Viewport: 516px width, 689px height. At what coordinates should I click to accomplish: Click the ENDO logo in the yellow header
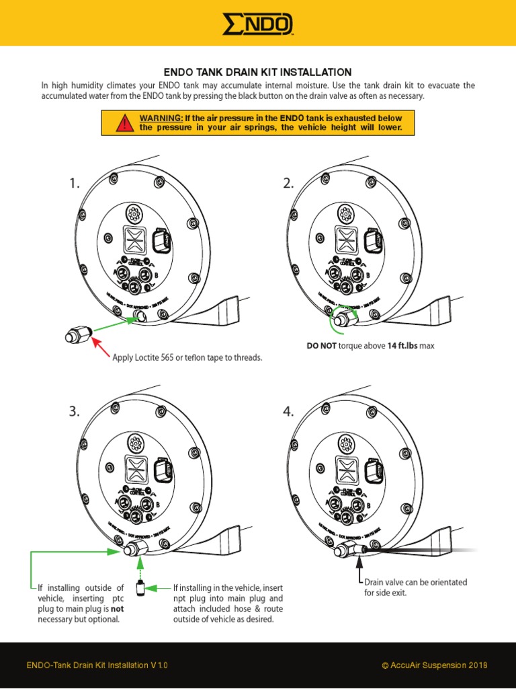(258, 25)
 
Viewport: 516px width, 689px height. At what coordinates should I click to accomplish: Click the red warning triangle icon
(124, 122)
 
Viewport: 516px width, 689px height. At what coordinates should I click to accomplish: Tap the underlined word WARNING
(161, 118)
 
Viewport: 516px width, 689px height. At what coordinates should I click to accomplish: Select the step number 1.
(74, 184)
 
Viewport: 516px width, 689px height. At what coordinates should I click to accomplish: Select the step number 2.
(288, 184)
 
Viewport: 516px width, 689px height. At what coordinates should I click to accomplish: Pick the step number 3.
(74, 412)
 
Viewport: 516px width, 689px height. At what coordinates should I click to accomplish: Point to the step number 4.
(288, 412)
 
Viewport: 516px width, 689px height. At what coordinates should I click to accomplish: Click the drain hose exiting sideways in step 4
(417, 550)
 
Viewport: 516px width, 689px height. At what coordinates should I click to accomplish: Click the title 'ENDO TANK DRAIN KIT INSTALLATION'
(258, 72)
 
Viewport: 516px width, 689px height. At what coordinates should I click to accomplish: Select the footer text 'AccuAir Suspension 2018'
(439, 665)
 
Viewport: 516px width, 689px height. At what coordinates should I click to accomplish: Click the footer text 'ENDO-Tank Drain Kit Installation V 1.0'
(97, 665)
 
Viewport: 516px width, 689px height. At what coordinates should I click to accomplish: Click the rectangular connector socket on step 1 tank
(162, 243)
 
